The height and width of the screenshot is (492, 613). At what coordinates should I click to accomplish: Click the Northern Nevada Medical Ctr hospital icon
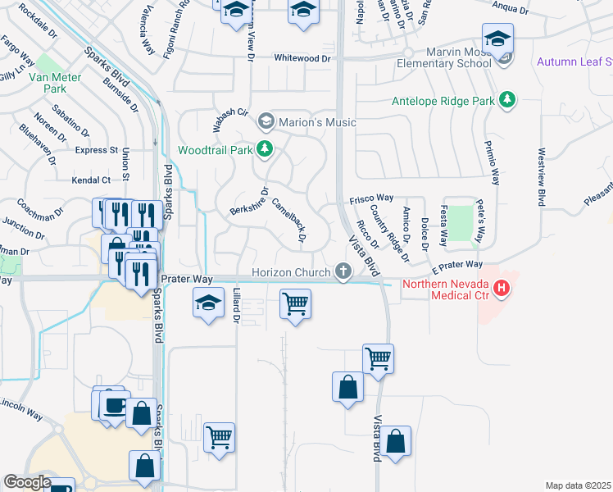coord(500,289)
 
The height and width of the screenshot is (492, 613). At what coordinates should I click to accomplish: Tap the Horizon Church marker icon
coord(343,271)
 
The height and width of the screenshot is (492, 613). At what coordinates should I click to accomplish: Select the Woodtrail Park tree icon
coord(265,149)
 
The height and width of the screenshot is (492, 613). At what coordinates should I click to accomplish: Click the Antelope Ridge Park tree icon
coord(508,100)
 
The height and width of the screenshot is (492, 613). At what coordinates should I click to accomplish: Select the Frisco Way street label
coord(372,198)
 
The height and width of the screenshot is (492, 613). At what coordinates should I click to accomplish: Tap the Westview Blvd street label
coord(542,177)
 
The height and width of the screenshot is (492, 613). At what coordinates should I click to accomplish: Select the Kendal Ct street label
coord(91,180)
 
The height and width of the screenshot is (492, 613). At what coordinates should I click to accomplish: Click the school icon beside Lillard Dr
coord(209,303)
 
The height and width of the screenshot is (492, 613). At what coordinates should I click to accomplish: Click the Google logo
coord(27,482)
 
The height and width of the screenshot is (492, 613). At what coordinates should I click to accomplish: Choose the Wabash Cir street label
coord(231,113)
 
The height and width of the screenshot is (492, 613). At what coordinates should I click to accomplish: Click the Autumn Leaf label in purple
coord(574,62)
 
